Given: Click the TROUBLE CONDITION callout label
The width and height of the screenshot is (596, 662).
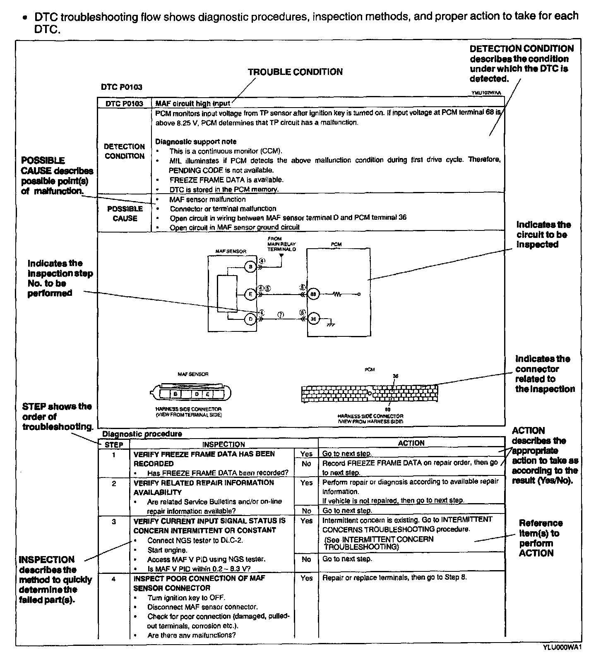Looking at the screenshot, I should pyautogui.click(x=295, y=72).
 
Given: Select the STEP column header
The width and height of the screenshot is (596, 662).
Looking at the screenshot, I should pyautogui.click(x=114, y=445).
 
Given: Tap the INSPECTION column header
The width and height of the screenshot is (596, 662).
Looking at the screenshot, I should pyautogui.click(x=223, y=444).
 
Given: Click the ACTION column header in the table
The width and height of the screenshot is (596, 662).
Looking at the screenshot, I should pyautogui.click(x=411, y=443).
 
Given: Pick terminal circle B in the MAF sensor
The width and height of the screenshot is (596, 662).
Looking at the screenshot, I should pyautogui.click(x=250, y=267).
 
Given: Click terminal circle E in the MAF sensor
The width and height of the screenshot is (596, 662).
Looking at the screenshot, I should pyautogui.click(x=250, y=294).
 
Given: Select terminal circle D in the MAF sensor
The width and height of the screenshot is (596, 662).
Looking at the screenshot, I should pyautogui.click(x=250, y=319).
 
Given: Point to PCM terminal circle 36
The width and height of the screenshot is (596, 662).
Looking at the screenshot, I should pyautogui.click(x=313, y=319).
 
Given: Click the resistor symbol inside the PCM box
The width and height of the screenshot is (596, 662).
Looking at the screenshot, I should pyautogui.click(x=337, y=294).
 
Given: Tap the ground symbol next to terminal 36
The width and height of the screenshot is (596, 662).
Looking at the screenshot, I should pyautogui.click(x=330, y=324).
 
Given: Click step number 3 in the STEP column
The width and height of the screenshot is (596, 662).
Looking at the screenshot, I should pyautogui.click(x=114, y=521).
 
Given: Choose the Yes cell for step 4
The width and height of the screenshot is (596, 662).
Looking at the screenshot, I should pyautogui.click(x=306, y=578).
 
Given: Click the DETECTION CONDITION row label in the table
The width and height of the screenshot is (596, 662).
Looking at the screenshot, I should pyautogui.click(x=124, y=151).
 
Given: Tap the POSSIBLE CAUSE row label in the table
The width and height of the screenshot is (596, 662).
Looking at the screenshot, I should pyautogui.click(x=125, y=213).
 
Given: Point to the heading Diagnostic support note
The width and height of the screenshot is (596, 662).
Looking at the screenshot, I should pyautogui.click(x=196, y=142).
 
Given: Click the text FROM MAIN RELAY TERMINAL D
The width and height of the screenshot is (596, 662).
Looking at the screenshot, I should pyautogui.click(x=281, y=244).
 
